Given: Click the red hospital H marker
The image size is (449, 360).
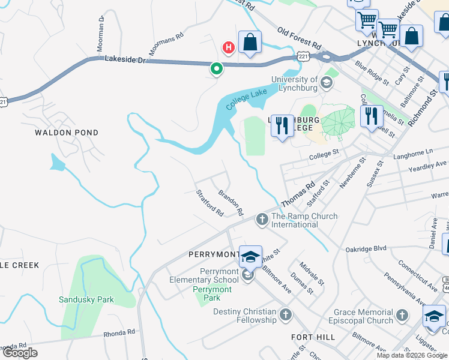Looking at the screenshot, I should (228, 47).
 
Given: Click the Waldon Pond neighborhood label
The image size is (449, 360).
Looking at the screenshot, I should (66, 132).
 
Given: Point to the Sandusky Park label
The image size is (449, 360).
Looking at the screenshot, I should (86, 299).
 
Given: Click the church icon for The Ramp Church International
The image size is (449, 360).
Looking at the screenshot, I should (262, 220).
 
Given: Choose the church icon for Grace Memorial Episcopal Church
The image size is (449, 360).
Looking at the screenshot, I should (402, 315).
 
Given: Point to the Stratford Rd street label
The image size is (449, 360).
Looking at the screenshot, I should (209, 203).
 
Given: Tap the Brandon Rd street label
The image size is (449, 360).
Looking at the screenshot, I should (231, 203).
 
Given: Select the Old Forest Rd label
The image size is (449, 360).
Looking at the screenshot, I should (298, 37).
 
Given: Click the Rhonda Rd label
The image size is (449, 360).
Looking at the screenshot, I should (119, 332).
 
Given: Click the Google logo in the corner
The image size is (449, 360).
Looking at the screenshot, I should (20, 353).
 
